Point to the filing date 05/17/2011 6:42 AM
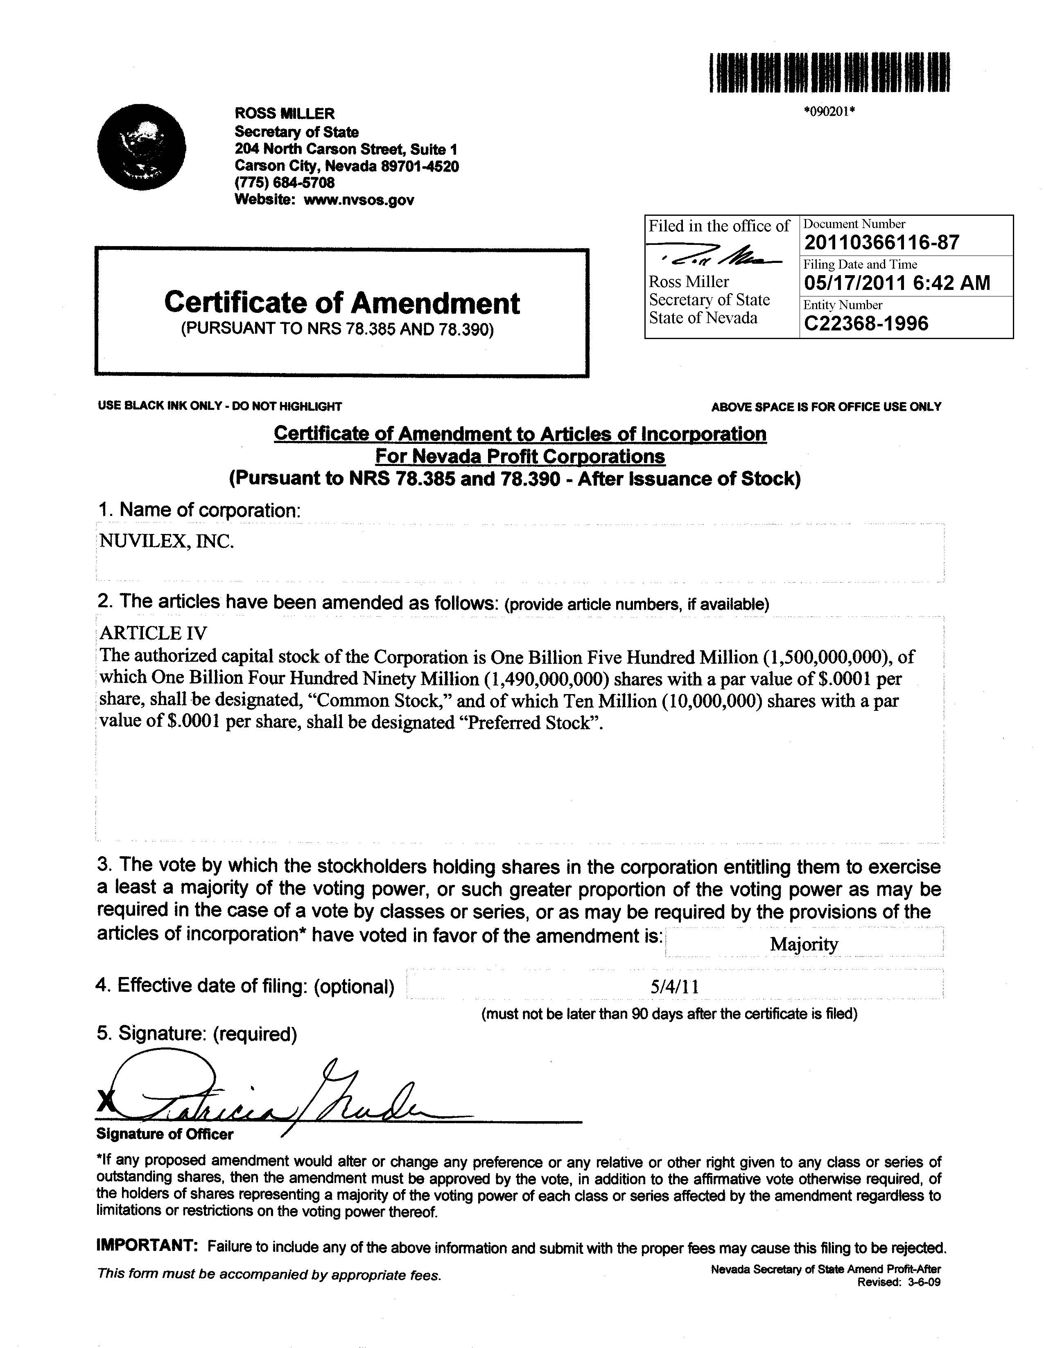click(x=897, y=283)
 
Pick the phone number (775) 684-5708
click(x=285, y=183)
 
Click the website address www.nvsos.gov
click(x=359, y=200)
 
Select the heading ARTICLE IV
click(x=154, y=633)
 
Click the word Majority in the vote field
click(x=803, y=944)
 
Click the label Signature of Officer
click(x=165, y=1134)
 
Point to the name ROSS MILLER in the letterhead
click(x=285, y=113)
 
